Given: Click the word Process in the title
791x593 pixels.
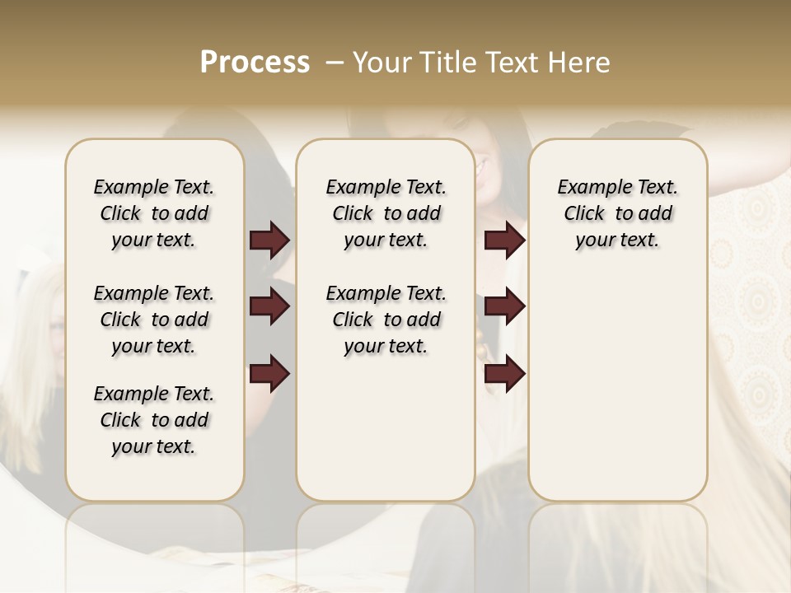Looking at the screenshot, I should point(255,63).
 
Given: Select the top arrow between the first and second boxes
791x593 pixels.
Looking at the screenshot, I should point(270,240).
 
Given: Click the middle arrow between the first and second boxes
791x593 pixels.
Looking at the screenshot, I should point(270,306).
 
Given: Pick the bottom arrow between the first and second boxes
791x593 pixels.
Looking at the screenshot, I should point(270,375).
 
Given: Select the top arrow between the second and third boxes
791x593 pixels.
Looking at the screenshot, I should point(504,240).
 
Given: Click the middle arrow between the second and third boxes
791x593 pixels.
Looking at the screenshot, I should point(504,306).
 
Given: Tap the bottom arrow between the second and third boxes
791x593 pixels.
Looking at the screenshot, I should point(504,375).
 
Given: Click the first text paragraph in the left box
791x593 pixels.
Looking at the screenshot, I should point(154,213).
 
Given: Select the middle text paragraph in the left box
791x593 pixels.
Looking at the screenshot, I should point(154,320).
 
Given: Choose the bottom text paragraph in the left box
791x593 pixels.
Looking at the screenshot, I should point(154,420).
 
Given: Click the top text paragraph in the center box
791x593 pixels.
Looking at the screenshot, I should point(386,213).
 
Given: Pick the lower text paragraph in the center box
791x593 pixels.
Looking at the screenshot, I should point(386,320).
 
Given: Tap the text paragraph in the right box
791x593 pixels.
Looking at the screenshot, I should point(618,213).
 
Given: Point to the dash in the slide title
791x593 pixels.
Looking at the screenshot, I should point(335,63).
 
